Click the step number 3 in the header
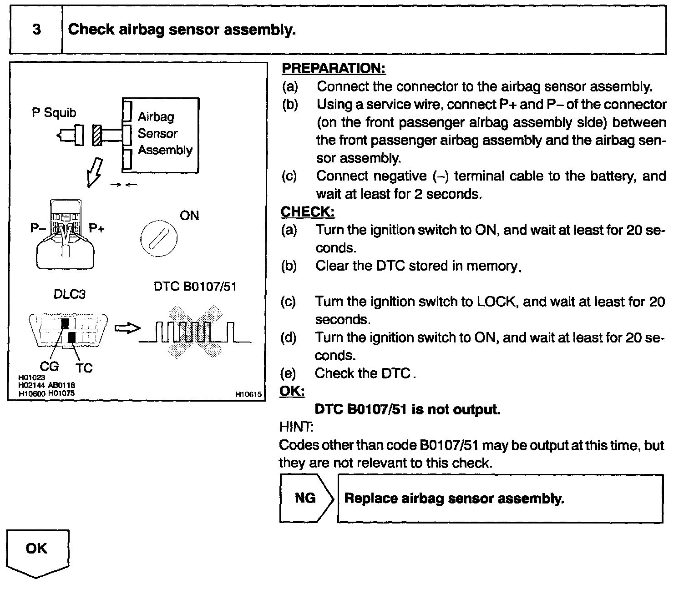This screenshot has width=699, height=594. click(36, 30)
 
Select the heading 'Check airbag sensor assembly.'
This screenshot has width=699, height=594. click(182, 30)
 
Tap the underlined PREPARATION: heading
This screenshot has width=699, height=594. click(334, 68)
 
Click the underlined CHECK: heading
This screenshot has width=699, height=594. click(308, 212)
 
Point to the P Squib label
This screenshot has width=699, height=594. click(54, 112)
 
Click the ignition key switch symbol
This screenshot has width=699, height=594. click(158, 239)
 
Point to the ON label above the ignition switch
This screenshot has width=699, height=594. click(189, 215)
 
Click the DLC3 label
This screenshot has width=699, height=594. click(69, 294)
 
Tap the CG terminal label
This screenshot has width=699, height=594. click(49, 366)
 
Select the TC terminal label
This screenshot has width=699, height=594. click(84, 367)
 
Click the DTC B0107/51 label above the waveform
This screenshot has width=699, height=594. click(195, 287)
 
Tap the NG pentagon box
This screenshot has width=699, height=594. click(306, 498)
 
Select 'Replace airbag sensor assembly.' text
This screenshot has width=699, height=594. click(454, 498)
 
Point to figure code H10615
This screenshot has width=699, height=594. click(248, 395)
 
